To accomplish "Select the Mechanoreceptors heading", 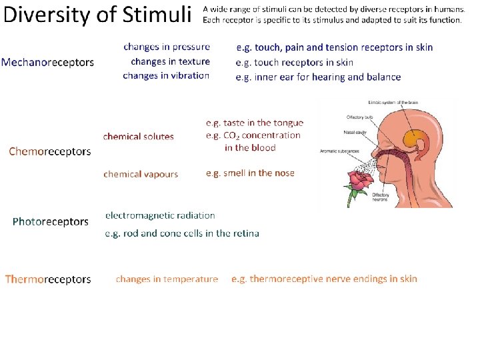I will (x=47, y=62).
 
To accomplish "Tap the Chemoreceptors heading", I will (x=50, y=151).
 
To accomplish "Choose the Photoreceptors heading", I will (x=51, y=221).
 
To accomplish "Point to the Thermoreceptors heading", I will (x=48, y=279).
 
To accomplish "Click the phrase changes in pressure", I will (x=167, y=47).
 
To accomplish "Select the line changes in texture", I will (x=170, y=61).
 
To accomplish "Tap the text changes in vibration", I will (x=166, y=76).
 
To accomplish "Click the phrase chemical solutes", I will (x=138, y=137).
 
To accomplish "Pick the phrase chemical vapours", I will (x=141, y=174).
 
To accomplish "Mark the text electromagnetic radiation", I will (x=160, y=215).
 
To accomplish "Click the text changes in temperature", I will (x=167, y=279).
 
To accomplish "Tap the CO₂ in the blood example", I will (x=253, y=141).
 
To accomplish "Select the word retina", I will (x=244, y=233).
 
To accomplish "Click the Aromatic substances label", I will (x=339, y=150).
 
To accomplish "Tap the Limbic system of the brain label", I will (x=394, y=102).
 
